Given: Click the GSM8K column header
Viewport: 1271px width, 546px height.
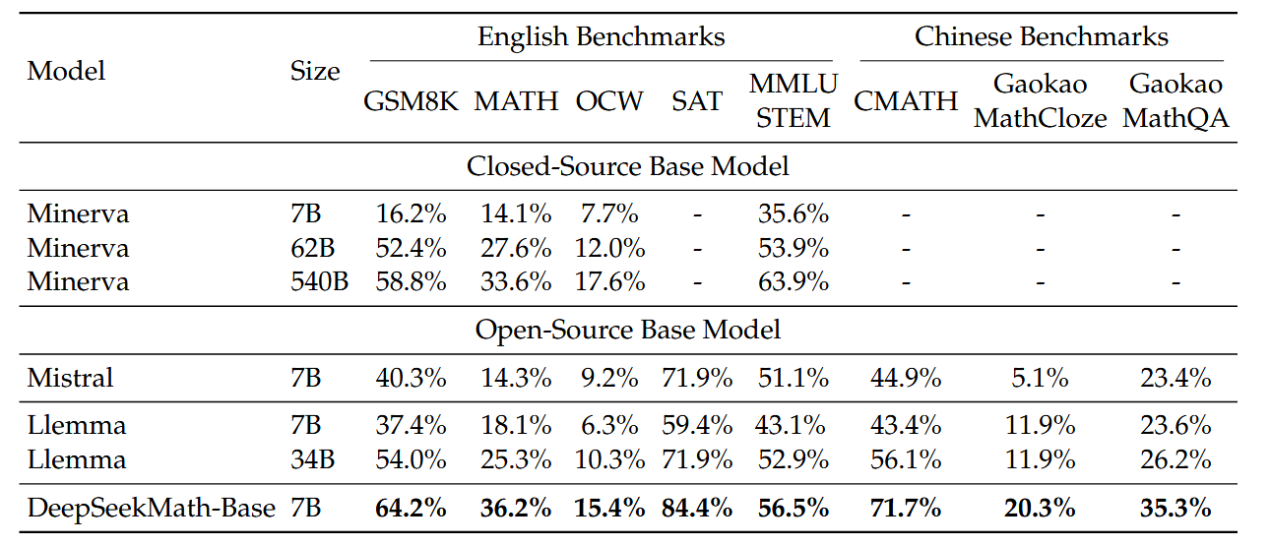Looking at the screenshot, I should (411, 101).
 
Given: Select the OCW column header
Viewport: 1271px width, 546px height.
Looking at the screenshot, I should (609, 101).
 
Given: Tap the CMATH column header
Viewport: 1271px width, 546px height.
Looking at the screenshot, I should (906, 101).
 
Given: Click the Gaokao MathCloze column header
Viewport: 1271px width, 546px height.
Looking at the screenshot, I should (1041, 101).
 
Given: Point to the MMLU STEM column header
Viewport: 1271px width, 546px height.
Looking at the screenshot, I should (793, 101).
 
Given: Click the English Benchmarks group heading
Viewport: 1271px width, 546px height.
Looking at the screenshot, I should (601, 38).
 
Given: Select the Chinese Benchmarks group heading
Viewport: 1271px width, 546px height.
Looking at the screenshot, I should (1041, 38).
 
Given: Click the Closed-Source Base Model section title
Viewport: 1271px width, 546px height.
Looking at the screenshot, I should (627, 166).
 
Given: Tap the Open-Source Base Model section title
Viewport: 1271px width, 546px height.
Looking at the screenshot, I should (627, 330).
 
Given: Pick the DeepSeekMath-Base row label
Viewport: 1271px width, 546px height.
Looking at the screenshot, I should (151, 509).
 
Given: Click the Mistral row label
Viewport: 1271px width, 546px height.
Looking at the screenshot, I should (70, 378).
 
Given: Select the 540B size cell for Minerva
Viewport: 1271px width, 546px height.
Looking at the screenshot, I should (319, 282).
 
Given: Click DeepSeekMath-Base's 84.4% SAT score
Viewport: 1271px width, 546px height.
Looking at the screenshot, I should (697, 509).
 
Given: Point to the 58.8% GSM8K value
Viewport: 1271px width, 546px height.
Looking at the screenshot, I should (411, 282).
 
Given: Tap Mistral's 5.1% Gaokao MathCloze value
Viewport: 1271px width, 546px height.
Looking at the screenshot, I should (1041, 378).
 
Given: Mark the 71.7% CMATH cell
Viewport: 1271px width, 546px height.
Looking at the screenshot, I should (906, 509).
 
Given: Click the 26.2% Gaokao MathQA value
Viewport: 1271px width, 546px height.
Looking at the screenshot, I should (1176, 460).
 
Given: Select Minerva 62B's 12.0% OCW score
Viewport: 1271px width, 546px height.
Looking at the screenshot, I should (609, 248).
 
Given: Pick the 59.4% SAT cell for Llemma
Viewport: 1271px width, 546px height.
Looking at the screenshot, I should (697, 426).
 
